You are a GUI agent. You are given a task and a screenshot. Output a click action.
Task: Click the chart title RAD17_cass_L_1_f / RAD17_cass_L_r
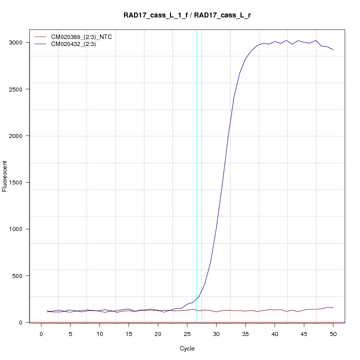click(187, 15)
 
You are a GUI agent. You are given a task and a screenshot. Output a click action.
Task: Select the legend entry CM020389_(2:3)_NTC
click(77, 36)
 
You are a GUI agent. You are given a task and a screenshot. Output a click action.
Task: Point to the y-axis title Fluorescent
click(5, 175)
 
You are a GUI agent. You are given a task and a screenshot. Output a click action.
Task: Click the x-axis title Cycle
click(187, 348)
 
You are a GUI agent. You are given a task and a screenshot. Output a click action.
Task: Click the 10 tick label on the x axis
click(99, 333)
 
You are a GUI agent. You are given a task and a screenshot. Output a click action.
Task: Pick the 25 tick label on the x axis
click(187, 333)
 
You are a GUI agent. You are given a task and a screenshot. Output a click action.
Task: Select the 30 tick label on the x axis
click(216, 333)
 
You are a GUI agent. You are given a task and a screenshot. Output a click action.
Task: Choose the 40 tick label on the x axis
click(274, 333)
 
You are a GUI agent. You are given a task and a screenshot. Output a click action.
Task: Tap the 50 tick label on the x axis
click(333, 333)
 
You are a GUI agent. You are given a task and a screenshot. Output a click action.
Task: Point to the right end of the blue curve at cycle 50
click(333, 49)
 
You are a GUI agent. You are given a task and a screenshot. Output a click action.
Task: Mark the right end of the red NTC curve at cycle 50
click(333, 307)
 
